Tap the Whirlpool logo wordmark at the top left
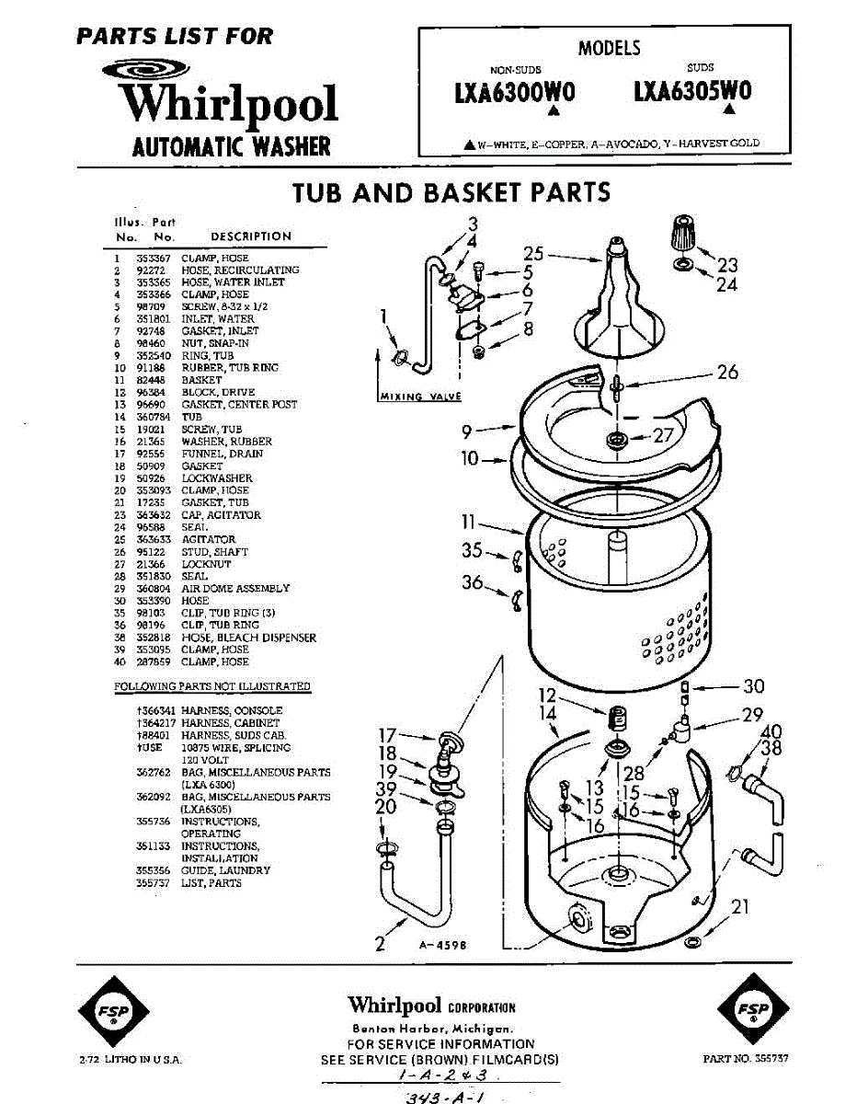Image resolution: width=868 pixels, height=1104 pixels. click(x=231, y=104)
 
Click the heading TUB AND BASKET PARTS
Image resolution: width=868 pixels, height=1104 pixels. click(x=451, y=192)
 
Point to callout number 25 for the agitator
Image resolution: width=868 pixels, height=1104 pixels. click(x=534, y=254)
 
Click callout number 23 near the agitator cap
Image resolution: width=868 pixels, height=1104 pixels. click(x=727, y=265)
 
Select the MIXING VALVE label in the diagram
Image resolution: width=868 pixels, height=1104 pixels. click(x=420, y=397)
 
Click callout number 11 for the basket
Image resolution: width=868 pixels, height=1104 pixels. click(x=470, y=523)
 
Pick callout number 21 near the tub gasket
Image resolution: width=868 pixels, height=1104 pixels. click(x=740, y=907)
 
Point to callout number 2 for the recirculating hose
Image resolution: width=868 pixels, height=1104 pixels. click(x=379, y=942)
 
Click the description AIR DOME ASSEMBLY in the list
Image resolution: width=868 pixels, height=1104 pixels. click(x=235, y=588)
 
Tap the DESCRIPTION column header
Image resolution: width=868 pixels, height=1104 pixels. click(x=250, y=236)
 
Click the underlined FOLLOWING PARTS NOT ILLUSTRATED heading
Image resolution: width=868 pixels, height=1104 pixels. click(x=212, y=686)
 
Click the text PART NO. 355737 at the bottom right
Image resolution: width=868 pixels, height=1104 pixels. click(x=745, y=1059)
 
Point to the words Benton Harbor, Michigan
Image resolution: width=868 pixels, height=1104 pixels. click(x=431, y=1029)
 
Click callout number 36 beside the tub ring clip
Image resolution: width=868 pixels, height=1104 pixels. click(x=473, y=582)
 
